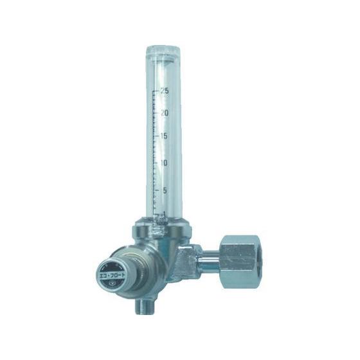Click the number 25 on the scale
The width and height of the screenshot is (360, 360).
click(x=165, y=91)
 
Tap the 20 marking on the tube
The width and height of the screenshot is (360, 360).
click(x=165, y=113)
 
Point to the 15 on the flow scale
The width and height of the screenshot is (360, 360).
click(x=165, y=136)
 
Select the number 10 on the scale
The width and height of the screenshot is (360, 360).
click(x=165, y=163)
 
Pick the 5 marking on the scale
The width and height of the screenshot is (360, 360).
click(x=165, y=190)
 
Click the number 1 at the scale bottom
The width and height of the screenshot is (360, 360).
click(x=165, y=214)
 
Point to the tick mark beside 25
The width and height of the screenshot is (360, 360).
click(x=156, y=91)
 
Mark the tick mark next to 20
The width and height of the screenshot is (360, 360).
click(x=156, y=114)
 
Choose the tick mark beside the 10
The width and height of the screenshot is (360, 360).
click(x=156, y=163)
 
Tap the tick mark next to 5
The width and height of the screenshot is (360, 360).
click(x=156, y=191)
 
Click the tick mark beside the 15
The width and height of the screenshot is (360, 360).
click(x=156, y=137)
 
